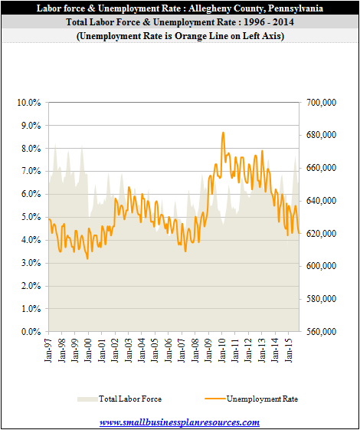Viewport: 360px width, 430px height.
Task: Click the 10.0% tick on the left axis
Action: click(x=29, y=103)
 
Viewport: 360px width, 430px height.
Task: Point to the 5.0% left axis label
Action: click(x=31, y=217)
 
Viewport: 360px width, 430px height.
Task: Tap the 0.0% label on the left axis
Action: click(x=31, y=332)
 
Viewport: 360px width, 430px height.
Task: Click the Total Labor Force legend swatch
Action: click(x=87, y=399)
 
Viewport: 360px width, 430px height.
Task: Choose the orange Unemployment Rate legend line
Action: click(x=215, y=399)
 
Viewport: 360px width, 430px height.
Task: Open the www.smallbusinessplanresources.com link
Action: click(x=180, y=422)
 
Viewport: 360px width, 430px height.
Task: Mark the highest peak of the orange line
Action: click(x=224, y=133)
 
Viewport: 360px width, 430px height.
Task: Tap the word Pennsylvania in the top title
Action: click(x=296, y=8)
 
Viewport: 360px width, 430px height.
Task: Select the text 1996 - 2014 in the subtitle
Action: click(x=269, y=22)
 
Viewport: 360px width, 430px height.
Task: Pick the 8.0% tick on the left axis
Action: click(x=31, y=149)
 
